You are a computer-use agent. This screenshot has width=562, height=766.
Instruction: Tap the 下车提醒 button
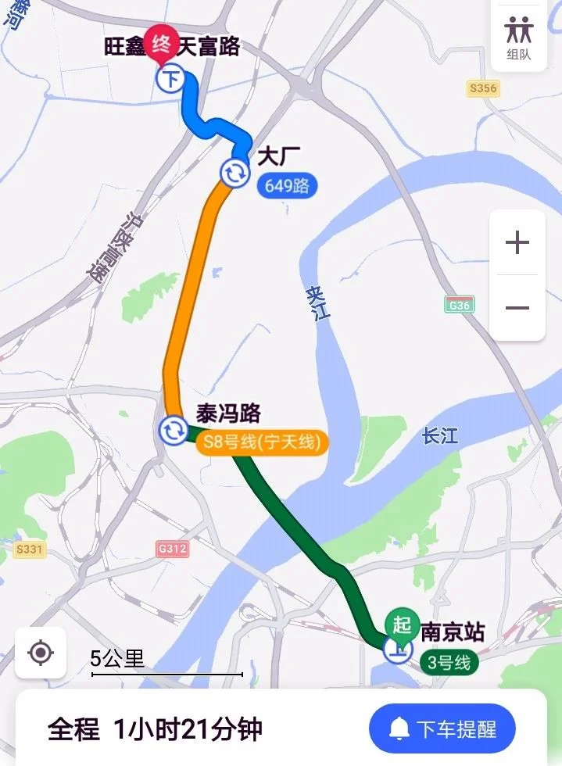point(442,728)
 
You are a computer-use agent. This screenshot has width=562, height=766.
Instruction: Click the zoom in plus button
point(517,243)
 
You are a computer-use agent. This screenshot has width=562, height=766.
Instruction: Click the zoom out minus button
point(517,308)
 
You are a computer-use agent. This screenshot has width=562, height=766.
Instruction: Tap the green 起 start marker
point(402,625)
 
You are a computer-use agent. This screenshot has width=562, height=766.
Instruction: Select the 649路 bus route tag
point(287,186)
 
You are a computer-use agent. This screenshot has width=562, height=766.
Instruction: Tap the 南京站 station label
point(453,632)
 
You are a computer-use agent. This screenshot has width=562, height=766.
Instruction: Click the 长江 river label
point(440,435)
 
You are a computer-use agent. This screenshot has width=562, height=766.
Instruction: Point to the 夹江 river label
point(318,302)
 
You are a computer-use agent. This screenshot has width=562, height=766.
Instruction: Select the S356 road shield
point(482,88)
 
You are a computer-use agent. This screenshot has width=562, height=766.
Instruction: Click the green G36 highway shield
point(460,305)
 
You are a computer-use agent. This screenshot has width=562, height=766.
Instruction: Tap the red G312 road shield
point(172,549)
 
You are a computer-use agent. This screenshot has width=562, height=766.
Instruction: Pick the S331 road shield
point(29,549)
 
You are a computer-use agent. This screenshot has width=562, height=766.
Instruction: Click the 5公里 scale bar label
point(118,659)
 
